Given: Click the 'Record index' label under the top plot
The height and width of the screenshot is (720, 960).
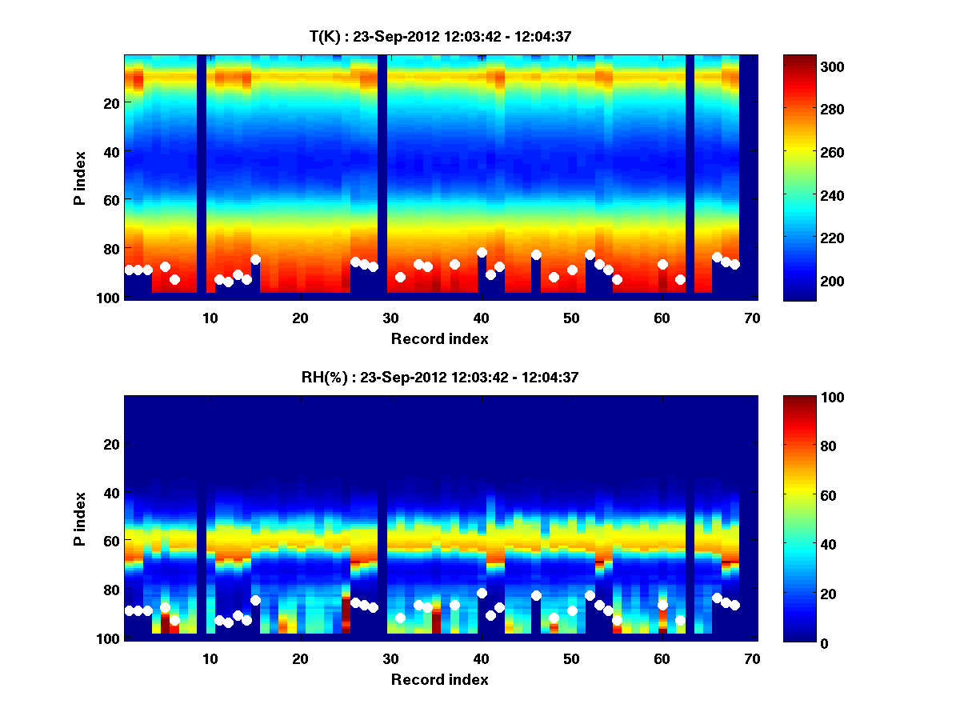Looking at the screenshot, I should pyautogui.click(x=439, y=338).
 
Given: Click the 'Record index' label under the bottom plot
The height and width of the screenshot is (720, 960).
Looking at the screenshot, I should pyautogui.click(x=439, y=679).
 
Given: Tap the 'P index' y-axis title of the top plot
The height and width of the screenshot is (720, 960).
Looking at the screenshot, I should pyautogui.click(x=80, y=178).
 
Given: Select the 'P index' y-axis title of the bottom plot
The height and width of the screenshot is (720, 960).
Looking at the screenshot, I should pyautogui.click(x=80, y=518).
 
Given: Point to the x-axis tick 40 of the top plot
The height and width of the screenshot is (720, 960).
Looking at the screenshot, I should pyautogui.click(x=481, y=317).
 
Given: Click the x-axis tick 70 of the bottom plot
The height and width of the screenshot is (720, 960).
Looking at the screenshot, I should pyautogui.click(x=752, y=658).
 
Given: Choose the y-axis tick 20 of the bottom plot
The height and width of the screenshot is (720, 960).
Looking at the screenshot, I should pyautogui.click(x=112, y=444).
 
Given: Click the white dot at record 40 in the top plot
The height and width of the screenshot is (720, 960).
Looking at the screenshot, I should pyautogui.click(x=482, y=252).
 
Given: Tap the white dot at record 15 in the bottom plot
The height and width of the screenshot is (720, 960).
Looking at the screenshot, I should pyautogui.click(x=255, y=600).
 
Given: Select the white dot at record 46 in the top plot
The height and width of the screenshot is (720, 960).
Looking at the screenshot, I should pyautogui.click(x=536, y=254).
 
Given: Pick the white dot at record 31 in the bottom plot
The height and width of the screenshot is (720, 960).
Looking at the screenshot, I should pyautogui.click(x=400, y=618).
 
